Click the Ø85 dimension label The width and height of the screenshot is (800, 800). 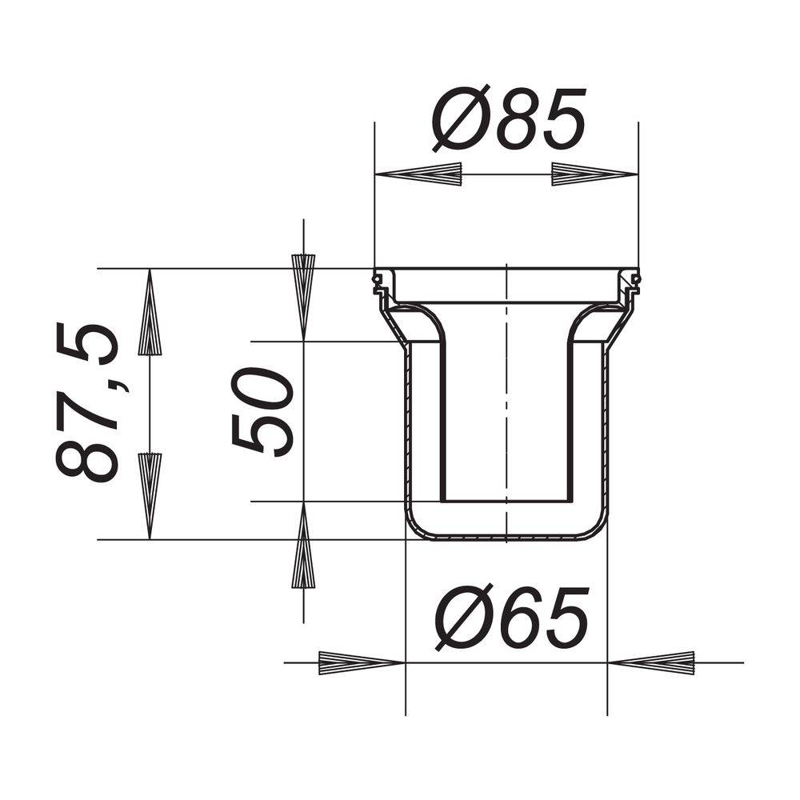[x=509, y=118]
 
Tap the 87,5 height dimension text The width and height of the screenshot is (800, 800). [x=86, y=402]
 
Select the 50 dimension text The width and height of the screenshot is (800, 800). [x=262, y=411]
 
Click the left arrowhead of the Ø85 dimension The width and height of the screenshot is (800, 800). [x=418, y=174]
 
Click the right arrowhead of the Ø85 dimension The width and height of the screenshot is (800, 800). [x=595, y=174]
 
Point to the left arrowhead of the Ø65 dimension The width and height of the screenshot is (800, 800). [x=362, y=662]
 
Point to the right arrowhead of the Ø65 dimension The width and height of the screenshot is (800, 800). [x=651, y=662]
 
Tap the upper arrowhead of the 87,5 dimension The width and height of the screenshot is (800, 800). [x=150, y=312]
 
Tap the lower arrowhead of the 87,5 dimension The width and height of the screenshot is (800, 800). [x=150, y=496]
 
